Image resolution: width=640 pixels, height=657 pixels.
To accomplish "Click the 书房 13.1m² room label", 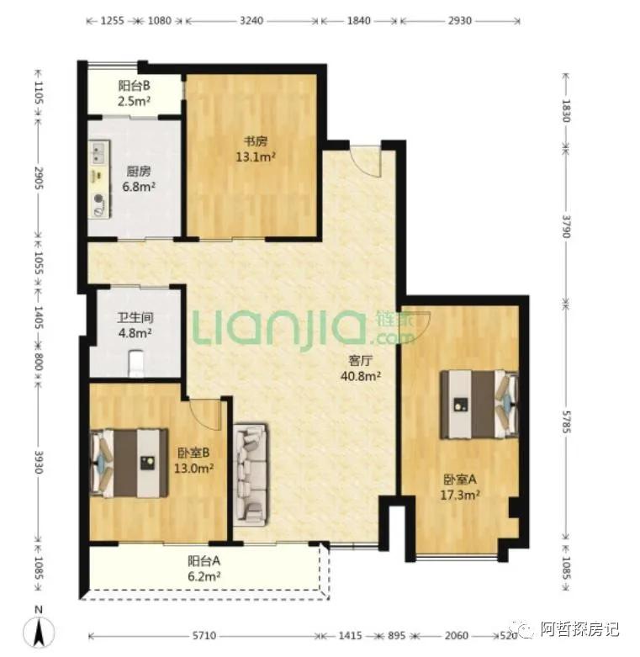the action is (x=256, y=149).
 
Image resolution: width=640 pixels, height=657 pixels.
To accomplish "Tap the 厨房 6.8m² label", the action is (x=139, y=179).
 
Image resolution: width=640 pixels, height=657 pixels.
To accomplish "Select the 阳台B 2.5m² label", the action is (x=134, y=93).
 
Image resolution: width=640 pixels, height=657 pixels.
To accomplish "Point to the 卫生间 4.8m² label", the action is (x=135, y=326).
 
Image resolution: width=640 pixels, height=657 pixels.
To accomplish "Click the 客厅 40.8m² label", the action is (x=361, y=368).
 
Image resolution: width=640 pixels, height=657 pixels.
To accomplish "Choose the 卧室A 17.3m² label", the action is (x=460, y=487).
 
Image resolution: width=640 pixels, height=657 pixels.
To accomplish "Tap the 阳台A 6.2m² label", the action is (x=204, y=569).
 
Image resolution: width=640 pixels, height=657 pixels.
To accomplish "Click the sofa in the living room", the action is (x=251, y=474).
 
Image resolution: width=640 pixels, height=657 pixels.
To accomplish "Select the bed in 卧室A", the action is (x=479, y=405).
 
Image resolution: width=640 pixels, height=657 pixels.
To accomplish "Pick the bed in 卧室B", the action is (x=130, y=463).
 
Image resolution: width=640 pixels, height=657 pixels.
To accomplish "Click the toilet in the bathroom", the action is (x=135, y=363).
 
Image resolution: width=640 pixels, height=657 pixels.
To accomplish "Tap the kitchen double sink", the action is (x=99, y=152).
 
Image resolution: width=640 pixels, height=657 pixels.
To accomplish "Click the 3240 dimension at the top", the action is (x=251, y=20).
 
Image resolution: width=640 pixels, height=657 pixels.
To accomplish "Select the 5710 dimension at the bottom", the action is (x=204, y=636).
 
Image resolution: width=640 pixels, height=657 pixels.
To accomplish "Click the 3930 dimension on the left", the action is (x=38, y=462).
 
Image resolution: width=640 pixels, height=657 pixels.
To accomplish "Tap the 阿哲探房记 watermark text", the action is (x=579, y=629).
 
